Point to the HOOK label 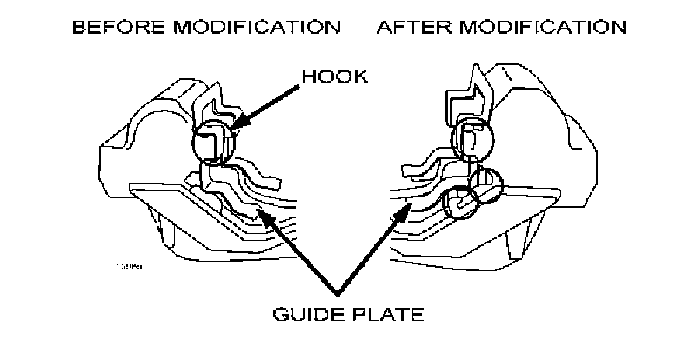click(x=335, y=77)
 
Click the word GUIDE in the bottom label click(x=309, y=313)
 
